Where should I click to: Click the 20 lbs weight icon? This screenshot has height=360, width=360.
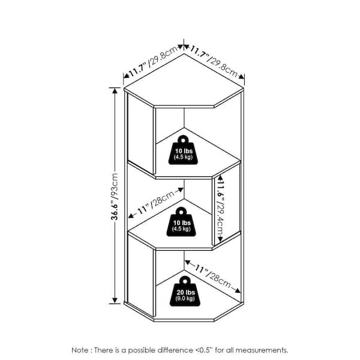point(185,291)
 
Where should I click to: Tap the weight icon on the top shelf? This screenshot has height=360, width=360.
point(183,150)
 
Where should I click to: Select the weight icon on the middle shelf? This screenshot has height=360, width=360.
point(181,221)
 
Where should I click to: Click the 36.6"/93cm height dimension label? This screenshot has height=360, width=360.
point(115,197)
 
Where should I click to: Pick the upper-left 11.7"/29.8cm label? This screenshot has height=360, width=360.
point(152,61)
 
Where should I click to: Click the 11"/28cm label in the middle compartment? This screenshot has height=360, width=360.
point(156,203)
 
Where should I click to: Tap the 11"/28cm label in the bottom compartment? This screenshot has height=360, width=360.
point(212,276)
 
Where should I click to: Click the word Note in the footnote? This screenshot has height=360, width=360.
point(79,350)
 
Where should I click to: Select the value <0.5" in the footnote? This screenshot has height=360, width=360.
point(204,350)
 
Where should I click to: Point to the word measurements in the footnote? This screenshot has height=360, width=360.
point(262,350)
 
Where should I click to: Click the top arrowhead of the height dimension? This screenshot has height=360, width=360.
point(115,91)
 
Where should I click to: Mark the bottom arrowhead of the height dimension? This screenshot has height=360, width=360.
point(115,301)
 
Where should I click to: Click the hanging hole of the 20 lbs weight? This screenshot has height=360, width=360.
point(185,281)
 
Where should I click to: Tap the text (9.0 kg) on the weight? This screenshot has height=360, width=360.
point(185,298)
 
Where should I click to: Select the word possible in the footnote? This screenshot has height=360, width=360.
point(142,350)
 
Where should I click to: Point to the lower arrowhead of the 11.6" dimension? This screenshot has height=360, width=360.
point(220,239)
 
